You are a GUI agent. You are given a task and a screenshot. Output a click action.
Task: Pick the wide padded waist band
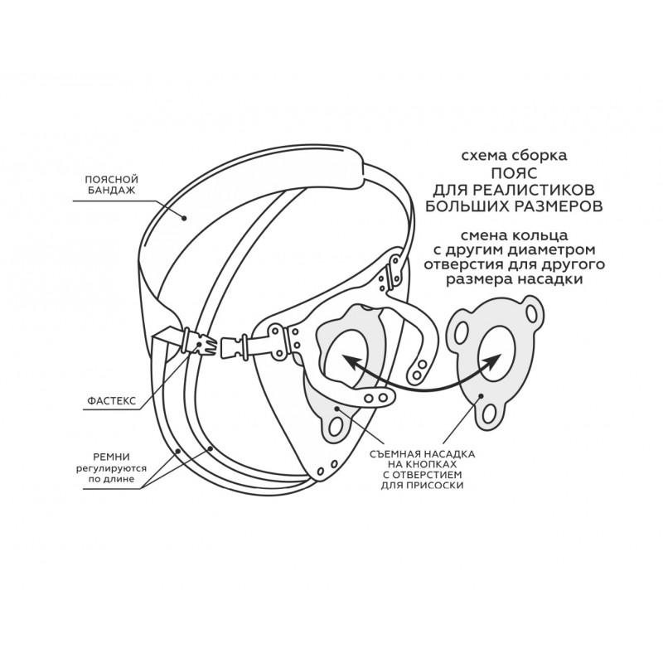[249, 186]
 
